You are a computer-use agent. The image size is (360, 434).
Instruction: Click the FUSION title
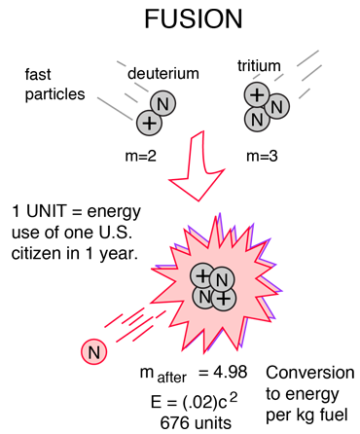[194, 18]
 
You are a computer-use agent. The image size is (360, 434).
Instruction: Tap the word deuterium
[163, 74]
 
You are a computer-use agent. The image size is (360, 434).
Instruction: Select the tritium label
[259, 66]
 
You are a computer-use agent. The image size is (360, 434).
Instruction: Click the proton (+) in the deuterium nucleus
[149, 123]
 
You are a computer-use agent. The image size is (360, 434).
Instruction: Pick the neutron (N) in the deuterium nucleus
[162, 104]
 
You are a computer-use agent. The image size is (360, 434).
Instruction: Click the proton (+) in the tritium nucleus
[257, 94]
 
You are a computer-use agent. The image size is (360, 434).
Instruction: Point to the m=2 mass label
[140, 157]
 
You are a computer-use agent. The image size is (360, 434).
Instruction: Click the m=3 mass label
[262, 157]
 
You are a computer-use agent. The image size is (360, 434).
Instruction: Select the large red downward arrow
[198, 166]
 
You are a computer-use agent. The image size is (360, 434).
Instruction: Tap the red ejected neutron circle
[94, 352]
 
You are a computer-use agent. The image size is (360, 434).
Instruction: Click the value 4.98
[230, 372]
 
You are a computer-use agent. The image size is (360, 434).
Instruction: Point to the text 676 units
[196, 423]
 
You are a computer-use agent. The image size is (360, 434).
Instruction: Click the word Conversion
[310, 373]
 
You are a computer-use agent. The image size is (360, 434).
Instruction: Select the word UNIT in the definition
[46, 211]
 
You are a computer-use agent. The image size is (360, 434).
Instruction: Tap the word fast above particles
[38, 74]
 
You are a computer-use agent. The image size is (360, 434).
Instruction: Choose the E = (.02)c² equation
[194, 401]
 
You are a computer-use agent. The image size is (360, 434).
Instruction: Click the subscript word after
[171, 378]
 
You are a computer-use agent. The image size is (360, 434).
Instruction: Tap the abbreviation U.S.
[115, 233]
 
